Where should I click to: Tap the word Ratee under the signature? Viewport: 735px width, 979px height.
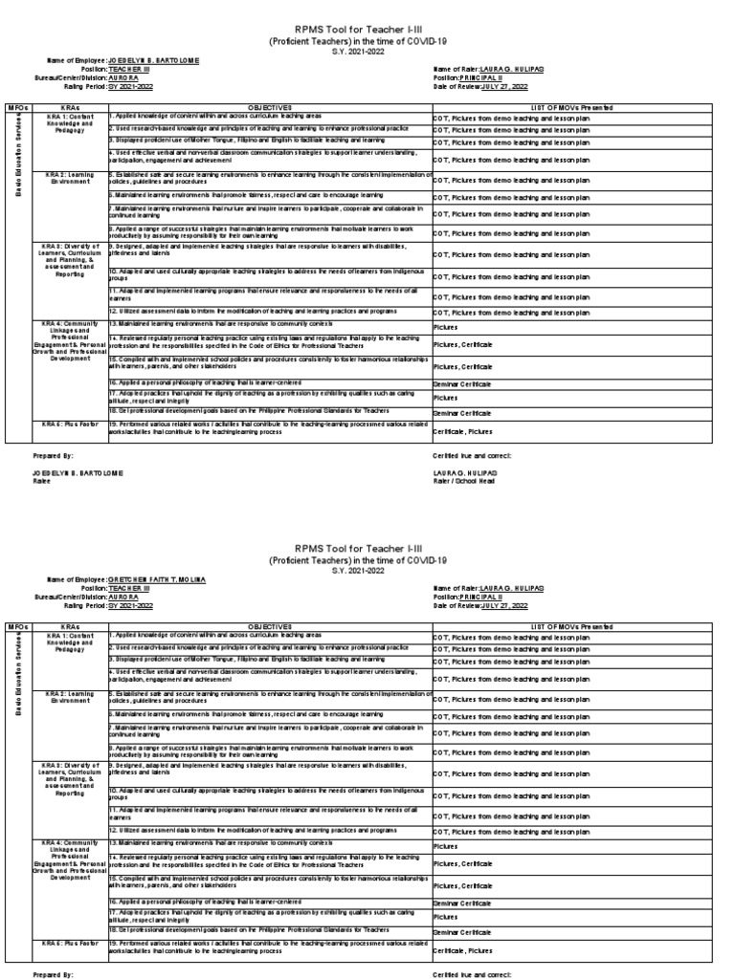[x=41, y=481]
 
